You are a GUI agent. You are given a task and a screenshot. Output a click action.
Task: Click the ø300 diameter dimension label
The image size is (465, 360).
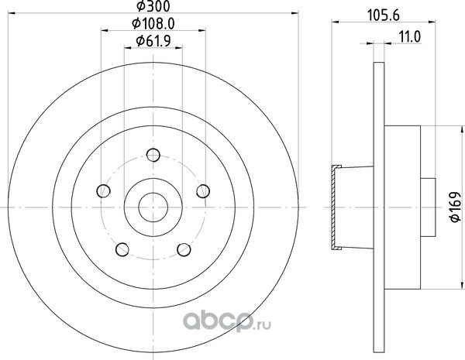click(153, 6)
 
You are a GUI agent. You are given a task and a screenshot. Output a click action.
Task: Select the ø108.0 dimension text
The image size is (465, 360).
click(153, 23)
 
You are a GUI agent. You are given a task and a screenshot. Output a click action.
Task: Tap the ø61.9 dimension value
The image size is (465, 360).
click(153, 41)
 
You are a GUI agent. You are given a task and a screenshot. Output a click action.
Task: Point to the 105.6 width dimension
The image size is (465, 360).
click(384, 15)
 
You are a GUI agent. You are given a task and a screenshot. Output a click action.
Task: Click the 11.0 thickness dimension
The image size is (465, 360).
click(410, 37)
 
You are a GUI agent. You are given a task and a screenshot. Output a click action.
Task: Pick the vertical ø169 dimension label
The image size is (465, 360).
click(456, 207)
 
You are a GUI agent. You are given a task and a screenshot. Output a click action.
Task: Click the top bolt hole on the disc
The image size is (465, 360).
click(153, 155)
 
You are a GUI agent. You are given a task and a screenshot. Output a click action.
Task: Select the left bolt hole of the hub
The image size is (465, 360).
click(104, 190)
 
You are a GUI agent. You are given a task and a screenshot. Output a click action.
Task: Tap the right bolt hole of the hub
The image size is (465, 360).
click(203, 190)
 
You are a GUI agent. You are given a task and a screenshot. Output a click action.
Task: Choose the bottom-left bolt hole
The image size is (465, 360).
click(122, 249)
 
